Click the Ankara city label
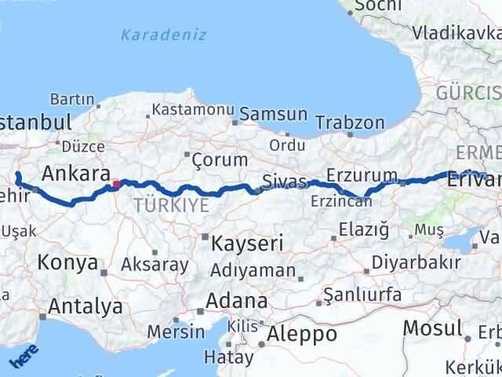75,174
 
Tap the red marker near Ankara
116,185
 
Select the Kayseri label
244,243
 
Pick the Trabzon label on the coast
350,123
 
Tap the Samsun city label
273,115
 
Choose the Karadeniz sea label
164,35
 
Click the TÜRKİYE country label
171,206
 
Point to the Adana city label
236,301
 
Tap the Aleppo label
302,334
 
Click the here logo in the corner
24,357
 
